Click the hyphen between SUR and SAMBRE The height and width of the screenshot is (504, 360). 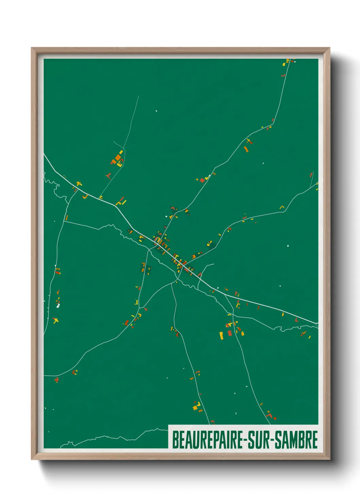(272, 440)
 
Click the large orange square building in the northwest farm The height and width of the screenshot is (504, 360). (118, 158)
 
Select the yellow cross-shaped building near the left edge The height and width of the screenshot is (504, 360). (55, 320)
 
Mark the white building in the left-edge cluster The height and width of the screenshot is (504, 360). (58, 305)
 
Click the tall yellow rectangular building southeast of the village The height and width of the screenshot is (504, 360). (221, 335)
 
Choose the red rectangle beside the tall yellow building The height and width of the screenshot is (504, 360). (229, 333)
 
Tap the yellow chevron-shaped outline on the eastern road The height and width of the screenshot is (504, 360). (282, 207)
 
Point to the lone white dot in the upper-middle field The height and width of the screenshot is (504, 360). (157, 111)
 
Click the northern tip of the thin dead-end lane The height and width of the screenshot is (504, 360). (139, 96)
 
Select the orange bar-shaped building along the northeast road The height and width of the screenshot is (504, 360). (246, 149)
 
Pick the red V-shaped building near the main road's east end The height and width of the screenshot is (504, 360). (296, 320)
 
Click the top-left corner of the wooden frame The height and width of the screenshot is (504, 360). (32, 48)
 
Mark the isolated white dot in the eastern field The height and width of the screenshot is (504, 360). (288, 246)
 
